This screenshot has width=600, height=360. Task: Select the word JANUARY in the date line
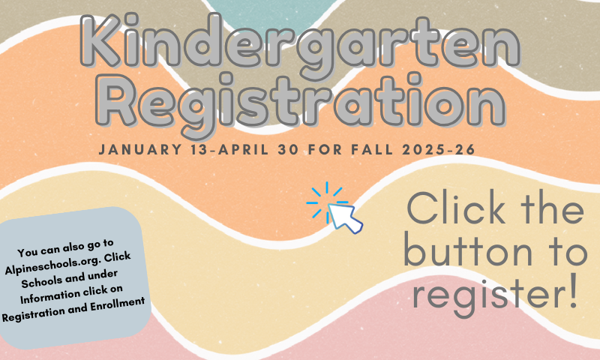(140, 149)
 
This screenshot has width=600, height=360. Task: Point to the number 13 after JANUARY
(200, 149)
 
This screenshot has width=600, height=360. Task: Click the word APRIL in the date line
(243, 149)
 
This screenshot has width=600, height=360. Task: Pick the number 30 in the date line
(289, 149)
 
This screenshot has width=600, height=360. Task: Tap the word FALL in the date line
(372, 149)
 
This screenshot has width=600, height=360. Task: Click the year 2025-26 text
(439, 149)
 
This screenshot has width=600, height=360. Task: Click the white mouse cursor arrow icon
(344, 217)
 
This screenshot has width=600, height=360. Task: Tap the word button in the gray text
(468, 251)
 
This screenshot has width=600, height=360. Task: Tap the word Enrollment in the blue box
(118, 305)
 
